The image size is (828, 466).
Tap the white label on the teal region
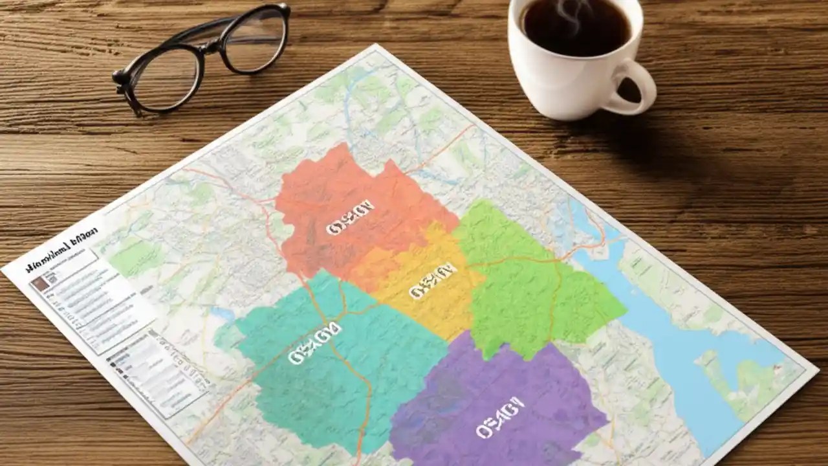click(x=314, y=343)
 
